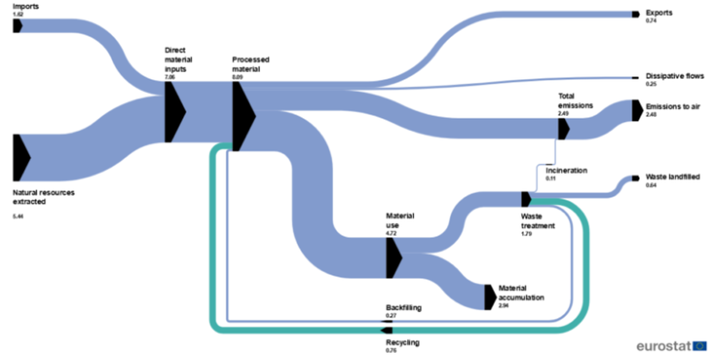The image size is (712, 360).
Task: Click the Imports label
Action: click(x=26, y=6)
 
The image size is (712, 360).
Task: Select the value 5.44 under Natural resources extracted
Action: click(x=18, y=217)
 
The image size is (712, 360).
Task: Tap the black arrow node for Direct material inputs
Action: click(x=174, y=112)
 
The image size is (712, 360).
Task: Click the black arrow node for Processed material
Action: click(x=243, y=116)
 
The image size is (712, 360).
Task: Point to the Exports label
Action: click(x=659, y=12)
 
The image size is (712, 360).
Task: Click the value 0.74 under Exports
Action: click(x=651, y=20)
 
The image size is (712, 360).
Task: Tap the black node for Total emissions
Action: click(x=563, y=129)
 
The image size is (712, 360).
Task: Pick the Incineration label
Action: click(x=567, y=170)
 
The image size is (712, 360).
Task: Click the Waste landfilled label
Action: click(x=672, y=177)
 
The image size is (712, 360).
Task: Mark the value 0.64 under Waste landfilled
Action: click(x=651, y=185)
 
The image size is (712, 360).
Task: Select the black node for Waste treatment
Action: click(x=525, y=199)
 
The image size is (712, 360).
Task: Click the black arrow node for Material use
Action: click(x=393, y=258)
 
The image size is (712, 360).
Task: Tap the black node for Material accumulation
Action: click(x=489, y=297)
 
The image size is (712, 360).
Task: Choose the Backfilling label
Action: click(x=404, y=308)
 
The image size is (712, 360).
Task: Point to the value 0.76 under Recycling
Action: click(x=391, y=351)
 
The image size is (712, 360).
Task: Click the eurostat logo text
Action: click(x=664, y=345)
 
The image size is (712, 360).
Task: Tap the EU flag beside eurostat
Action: click(x=700, y=345)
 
